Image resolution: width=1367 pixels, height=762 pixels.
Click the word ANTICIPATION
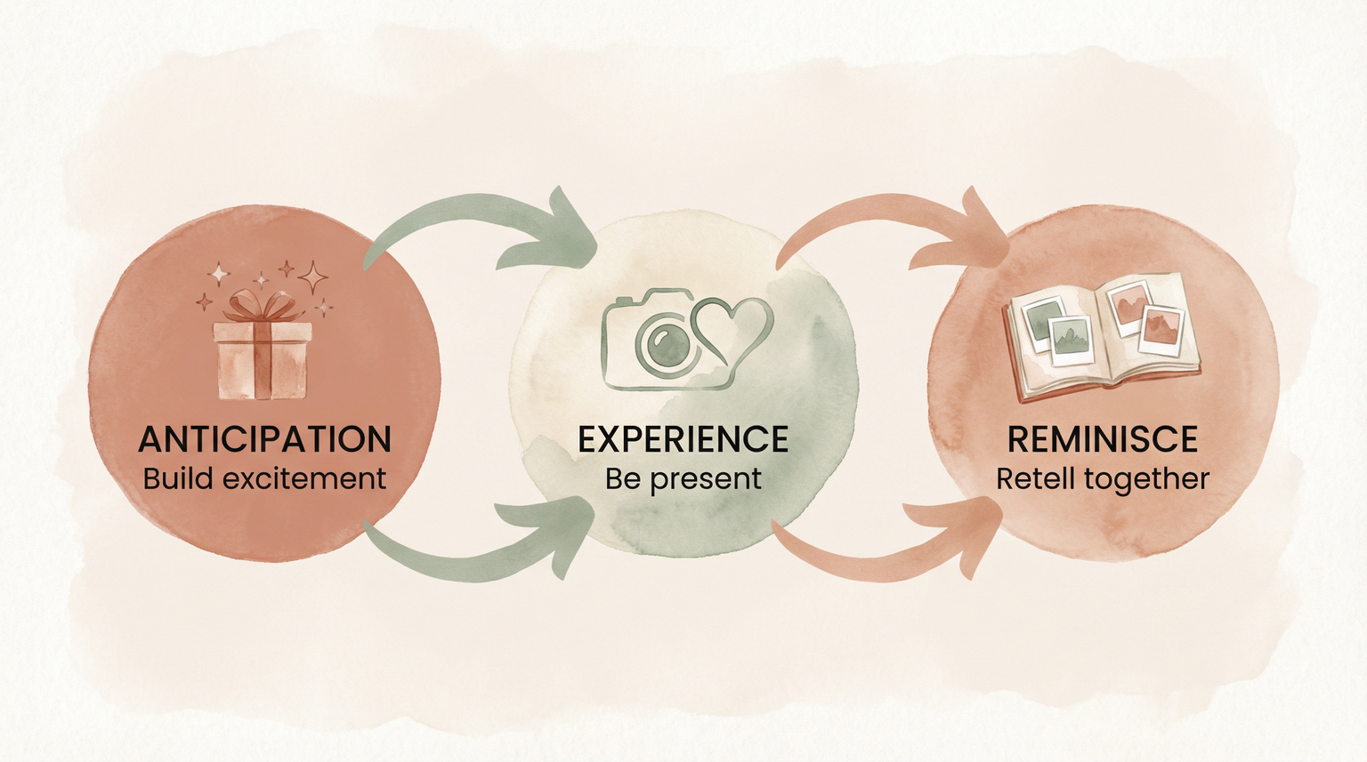[264, 439]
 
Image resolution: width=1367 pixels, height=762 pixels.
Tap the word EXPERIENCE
[683, 439]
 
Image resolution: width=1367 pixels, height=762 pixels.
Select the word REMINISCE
[1102, 439]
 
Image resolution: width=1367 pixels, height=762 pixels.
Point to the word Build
[178, 478]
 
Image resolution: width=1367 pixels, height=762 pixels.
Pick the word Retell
[1033, 478]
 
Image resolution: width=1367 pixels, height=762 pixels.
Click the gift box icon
[262, 357]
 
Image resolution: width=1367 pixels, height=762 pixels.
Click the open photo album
[1102, 334]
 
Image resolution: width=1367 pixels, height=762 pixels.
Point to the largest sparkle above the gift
[312, 277]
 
